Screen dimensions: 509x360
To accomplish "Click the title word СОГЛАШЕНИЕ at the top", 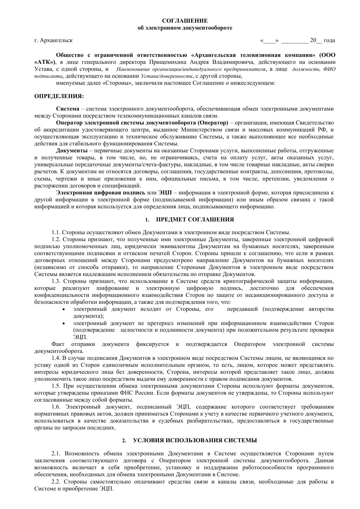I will click(185, 21).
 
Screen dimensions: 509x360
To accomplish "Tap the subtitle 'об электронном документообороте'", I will click(185, 28).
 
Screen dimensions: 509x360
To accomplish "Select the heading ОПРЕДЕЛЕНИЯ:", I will click(59, 96).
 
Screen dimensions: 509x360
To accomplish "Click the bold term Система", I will click(68, 109).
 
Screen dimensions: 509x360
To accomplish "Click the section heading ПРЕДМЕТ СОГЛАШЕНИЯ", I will click(195, 220).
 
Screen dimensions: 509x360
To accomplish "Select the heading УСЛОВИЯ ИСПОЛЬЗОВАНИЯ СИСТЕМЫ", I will click(195, 441).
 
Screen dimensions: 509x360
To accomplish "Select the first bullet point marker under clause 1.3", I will click(64, 309).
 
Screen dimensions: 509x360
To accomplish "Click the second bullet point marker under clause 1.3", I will click(64, 323).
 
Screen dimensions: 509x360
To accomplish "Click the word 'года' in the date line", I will click(329, 40).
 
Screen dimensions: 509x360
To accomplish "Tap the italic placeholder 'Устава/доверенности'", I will click(167, 76).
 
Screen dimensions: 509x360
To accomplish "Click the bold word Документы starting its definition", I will click(72, 151).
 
